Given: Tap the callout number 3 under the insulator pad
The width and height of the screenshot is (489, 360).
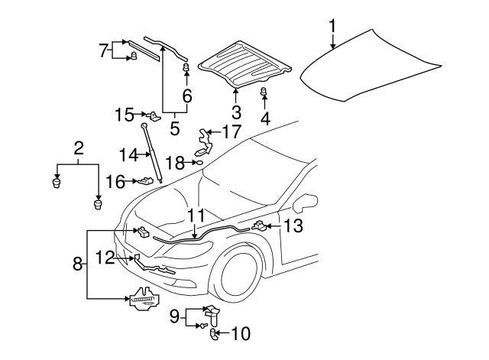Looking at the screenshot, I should (x=236, y=112).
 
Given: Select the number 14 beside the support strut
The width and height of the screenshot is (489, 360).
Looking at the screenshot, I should (x=128, y=154).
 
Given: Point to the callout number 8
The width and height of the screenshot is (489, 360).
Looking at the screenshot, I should (x=76, y=264).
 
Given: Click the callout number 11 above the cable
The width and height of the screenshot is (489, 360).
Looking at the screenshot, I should (x=196, y=216).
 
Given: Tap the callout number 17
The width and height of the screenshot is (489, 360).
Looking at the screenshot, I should (x=231, y=131).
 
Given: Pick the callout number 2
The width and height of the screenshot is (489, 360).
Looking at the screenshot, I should (x=78, y=148).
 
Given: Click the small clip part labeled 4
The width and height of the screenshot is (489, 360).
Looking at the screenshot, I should (x=264, y=93).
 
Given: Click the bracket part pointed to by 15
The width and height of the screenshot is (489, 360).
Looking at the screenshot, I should (x=154, y=115).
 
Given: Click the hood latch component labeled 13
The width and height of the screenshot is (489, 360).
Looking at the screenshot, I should (x=260, y=225).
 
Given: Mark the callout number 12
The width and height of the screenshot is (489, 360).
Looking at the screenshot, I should (x=105, y=258).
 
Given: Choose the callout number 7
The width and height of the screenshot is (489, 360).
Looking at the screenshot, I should (x=104, y=51).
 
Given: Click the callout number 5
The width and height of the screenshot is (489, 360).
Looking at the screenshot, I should (x=174, y=128).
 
